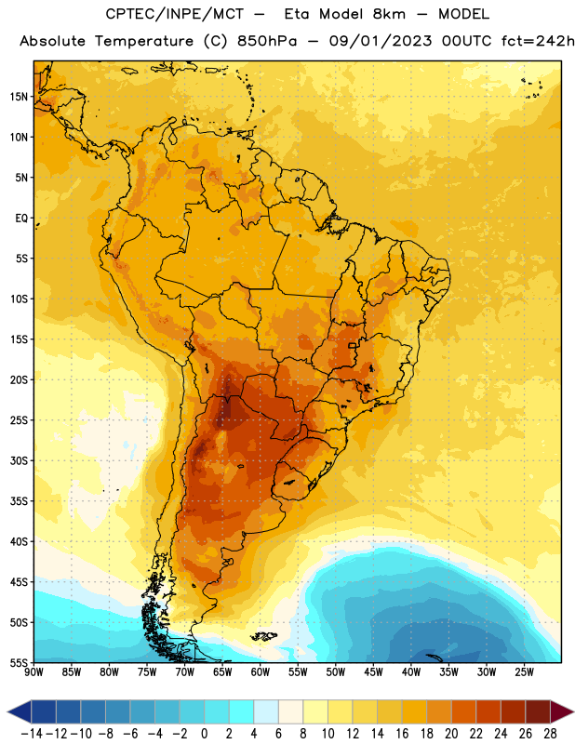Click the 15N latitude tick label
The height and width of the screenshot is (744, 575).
point(19,97)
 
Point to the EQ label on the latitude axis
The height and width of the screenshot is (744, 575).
point(21,219)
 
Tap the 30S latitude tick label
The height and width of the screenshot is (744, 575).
point(19,460)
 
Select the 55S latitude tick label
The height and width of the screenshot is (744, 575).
point(19,663)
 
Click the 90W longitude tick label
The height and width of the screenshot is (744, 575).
point(33,672)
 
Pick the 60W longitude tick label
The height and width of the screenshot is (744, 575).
point(261,672)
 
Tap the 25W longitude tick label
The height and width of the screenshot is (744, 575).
point(524,672)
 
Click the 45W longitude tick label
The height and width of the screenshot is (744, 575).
point(373,672)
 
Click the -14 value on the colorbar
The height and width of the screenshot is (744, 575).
point(32,734)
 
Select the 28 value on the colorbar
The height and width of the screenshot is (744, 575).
point(550,734)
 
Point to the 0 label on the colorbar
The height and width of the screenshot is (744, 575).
point(204,734)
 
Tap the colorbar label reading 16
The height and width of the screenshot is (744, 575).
point(402,734)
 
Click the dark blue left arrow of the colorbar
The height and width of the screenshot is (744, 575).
point(20,711)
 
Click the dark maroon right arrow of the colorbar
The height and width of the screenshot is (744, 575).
point(562,711)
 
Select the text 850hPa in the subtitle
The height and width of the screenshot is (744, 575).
point(267,41)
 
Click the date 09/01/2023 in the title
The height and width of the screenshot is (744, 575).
point(381,41)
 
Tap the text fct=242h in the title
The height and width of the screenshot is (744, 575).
point(538,41)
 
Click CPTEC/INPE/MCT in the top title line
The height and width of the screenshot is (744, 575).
point(175,14)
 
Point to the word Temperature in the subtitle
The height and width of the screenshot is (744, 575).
point(144,42)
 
